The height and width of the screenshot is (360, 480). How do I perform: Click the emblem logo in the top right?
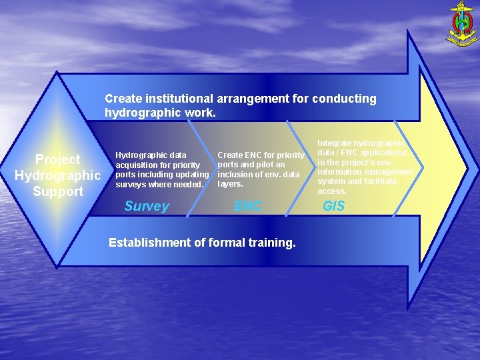pos(461,24)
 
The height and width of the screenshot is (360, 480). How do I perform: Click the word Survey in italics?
pos(147,207)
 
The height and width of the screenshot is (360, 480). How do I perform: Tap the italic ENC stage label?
pos(248,207)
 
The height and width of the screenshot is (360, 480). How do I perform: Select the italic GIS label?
pos(333,207)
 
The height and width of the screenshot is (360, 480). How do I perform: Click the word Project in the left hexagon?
pos(57,159)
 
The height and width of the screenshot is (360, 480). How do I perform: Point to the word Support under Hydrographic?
pos(57,192)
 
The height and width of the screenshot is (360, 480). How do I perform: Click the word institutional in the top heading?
pos(173,99)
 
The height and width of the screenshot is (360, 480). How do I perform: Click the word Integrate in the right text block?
pos(335,143)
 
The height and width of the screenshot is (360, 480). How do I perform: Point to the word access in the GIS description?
pos(331,191)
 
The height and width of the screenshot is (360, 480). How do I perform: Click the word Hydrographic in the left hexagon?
pos(57,175)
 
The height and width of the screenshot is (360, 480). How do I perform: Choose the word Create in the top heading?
pos(123,99)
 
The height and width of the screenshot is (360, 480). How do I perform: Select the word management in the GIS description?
pos(390,171)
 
